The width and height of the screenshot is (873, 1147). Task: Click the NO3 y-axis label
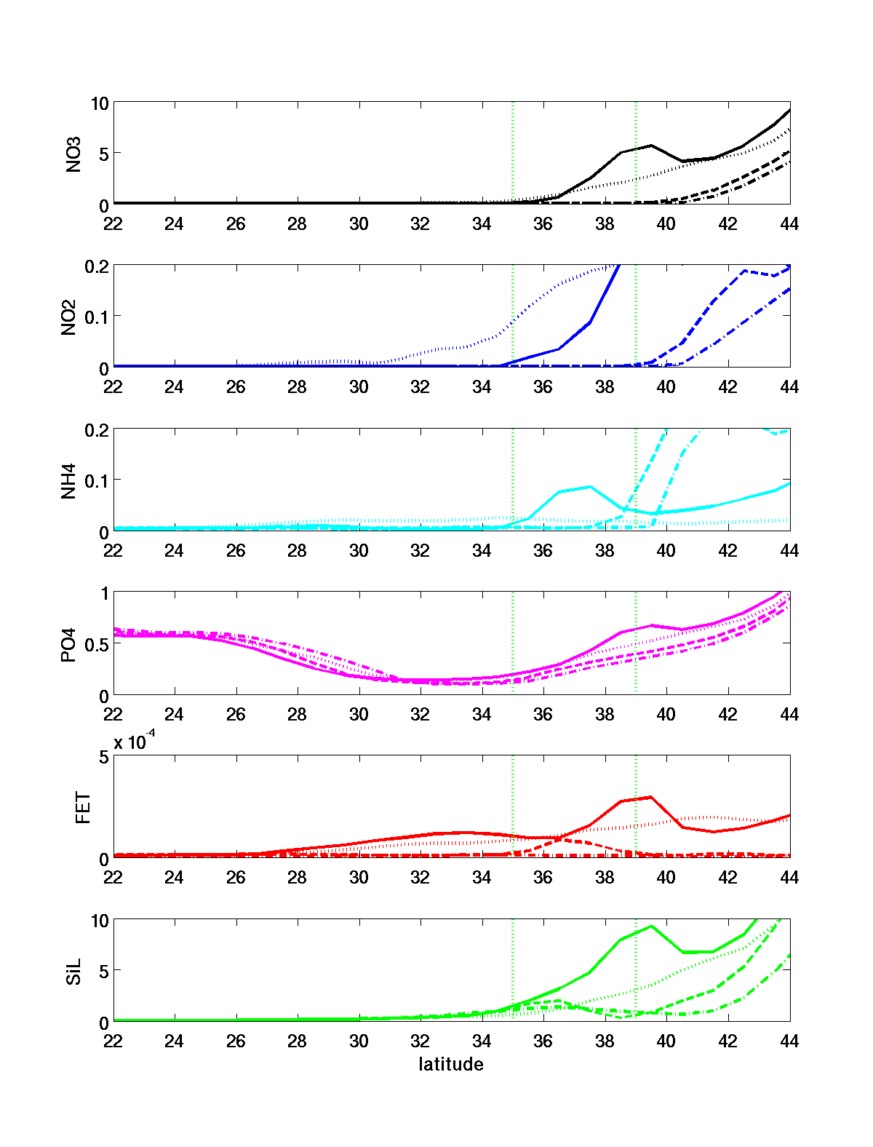click(x=73, y=154)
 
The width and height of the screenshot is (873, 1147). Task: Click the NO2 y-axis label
click(x=69, y=317)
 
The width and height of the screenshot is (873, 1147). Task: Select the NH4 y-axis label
click(x=69, y=481)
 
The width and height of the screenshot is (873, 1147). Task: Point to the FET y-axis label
click(x=83, y=808)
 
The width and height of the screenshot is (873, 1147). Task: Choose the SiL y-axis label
click(x=73, y=972)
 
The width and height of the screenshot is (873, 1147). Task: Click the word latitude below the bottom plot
click(x=451, y=1065)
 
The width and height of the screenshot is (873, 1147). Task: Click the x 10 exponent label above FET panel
click(x=135, y=742)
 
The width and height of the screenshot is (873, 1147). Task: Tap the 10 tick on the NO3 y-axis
click(x=99, y=103)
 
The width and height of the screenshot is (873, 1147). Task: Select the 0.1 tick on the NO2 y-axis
click(x=95, y=317)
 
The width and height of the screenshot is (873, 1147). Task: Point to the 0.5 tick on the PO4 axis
click(x=95, y=644)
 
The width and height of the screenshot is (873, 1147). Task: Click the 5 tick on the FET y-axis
click(x=103, y=757)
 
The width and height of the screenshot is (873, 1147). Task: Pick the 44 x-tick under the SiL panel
click(x=789, y=1041)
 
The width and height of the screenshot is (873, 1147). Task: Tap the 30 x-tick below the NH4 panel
click(x=359, y=551)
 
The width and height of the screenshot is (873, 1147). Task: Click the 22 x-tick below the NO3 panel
click(x=113, y=223)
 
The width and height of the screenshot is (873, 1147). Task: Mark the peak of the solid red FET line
click(x=650, y=797)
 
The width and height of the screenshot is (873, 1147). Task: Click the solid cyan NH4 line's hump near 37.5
click(x=590, y=486)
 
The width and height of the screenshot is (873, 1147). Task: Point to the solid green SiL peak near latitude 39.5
click(x=651, y=926)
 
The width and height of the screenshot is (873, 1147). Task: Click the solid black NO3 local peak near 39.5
click(x=651, y=146)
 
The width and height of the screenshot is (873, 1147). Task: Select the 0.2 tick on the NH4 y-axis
click(x=95, y=430)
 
